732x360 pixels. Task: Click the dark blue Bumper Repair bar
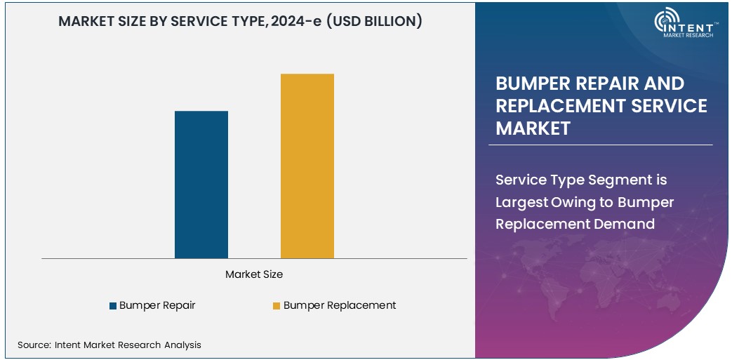tap(201, 185)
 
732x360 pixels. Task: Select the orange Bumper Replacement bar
tap(307, 166)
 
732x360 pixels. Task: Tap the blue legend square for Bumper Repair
tap(112, 306)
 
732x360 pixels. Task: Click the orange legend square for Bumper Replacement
tap(277, 306)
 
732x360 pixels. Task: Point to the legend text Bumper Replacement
tap(340, 305)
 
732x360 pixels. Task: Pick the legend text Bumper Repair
tap(157, 305)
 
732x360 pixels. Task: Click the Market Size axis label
tap(254, 274)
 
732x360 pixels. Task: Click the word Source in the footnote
tap(33, 345)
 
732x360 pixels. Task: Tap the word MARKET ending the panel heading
tap(533, 128)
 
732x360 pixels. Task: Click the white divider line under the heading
tap(600, 145)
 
